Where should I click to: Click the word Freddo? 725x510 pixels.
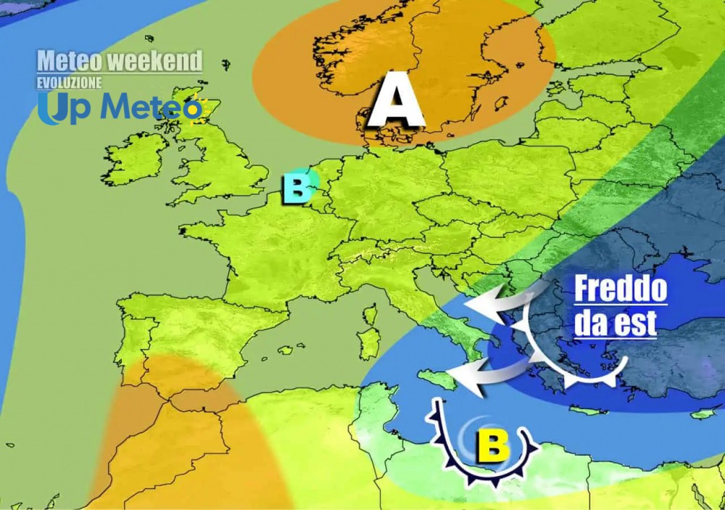(x=620, y=290)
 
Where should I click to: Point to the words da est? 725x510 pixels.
(x=615, y=321)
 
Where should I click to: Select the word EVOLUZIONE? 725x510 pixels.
(x=70, y=83)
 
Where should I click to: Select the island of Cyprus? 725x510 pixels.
(x=702, y=414)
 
